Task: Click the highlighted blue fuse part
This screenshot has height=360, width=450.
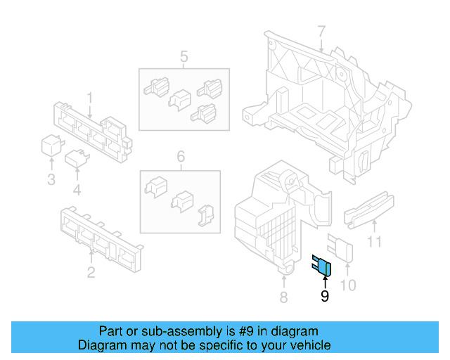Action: (323, 266)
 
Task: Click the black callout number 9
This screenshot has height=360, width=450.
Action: (325, 296)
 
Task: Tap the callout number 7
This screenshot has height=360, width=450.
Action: (321, 32)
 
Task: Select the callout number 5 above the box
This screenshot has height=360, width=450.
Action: (184, 56)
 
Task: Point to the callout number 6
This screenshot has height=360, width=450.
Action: (181, 157)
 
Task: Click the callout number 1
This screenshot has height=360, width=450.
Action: (90, 98)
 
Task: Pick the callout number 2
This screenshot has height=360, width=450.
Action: (91, 272)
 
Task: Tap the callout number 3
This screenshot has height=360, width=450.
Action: (51, 180)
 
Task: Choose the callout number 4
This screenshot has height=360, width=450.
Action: (77, 190)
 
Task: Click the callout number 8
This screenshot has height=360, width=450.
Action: (283, 297)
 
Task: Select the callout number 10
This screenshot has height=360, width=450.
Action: (348, 285)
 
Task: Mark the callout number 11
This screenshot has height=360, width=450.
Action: (375, 241)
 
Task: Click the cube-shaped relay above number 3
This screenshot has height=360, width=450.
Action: (52, 146)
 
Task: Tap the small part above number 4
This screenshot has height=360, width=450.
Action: (77, 158)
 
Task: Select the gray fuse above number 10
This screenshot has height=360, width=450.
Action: (340, 247)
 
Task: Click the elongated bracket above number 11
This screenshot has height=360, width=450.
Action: (369, 210)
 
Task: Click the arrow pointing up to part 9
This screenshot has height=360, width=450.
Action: (325, 282)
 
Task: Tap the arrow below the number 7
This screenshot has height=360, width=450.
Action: (321, 46)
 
